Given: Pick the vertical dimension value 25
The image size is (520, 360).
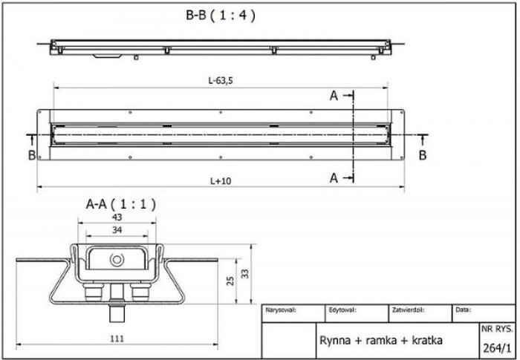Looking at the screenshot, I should (230, 281).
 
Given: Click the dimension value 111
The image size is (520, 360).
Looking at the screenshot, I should (116, 339).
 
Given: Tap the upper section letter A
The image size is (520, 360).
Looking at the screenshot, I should (334, 96).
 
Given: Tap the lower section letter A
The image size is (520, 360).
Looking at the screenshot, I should (334, 177).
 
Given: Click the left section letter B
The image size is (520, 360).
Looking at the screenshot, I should (32, 154).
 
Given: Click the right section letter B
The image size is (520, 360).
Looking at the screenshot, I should (422, 154).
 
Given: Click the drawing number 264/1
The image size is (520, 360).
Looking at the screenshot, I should (497, 345).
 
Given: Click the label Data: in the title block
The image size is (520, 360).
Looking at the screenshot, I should (462, 310).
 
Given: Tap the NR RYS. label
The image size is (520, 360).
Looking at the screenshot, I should (497, 327).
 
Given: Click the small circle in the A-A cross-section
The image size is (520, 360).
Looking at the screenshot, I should (116, 260).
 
